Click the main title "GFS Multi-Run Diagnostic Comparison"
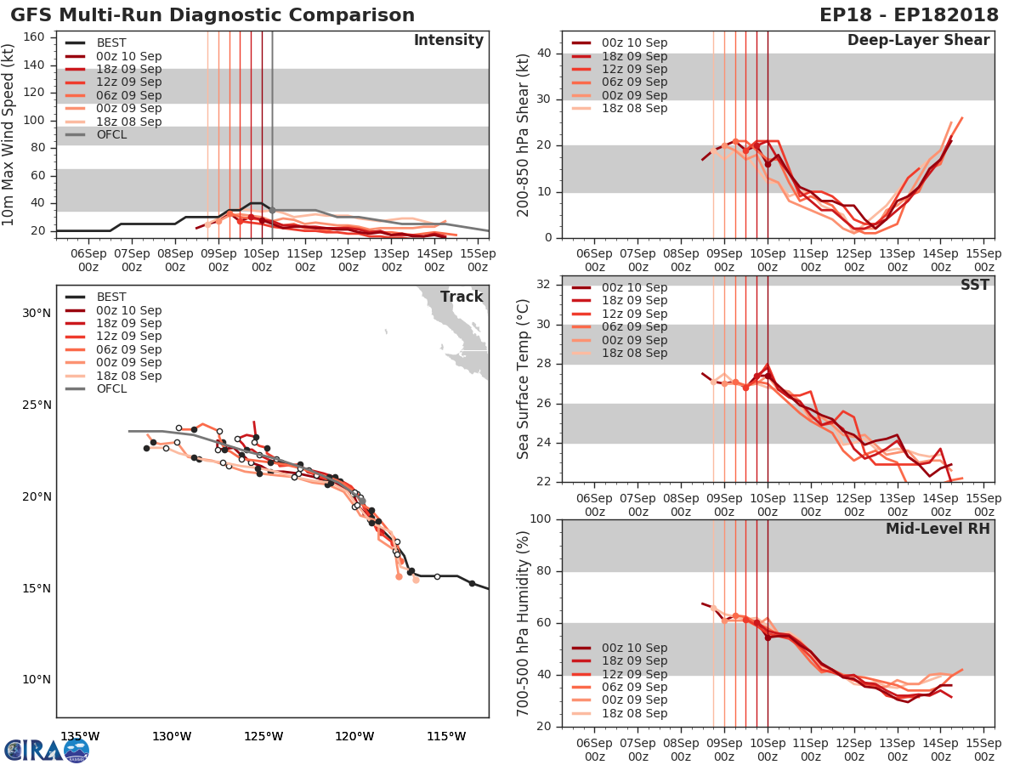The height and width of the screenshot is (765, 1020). point(212,15)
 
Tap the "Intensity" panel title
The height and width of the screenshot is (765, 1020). point(448,41)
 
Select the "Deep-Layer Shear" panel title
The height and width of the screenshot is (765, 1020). point(918,41)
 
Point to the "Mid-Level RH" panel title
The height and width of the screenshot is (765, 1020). point(938,529)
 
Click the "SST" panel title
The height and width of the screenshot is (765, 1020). point(975,285)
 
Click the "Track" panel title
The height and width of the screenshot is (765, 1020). point(462,297)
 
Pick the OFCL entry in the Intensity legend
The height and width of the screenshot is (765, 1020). point(112,134)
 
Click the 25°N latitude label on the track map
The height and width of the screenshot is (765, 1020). point(38,405)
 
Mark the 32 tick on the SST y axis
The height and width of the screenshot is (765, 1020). point(547,285)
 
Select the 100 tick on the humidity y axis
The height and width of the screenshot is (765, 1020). point(541,519)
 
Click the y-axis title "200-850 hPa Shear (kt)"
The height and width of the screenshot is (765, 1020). point(524,134)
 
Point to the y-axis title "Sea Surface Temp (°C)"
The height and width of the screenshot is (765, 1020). point(524,378)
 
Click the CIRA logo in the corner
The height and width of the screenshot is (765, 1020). point(46,750)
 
